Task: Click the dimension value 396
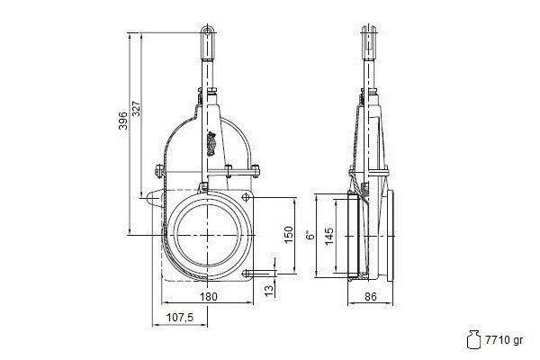(123, 121)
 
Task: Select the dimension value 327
(137, 109)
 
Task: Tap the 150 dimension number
(289, 235)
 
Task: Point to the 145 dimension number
(329, 236)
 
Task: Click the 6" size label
(311, 236)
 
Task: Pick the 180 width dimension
(209, 296)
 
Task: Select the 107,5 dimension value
(180, 318)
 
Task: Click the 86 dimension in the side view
(371, 296)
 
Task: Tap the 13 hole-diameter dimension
(270, 290)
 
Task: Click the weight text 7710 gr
(504, 340)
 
